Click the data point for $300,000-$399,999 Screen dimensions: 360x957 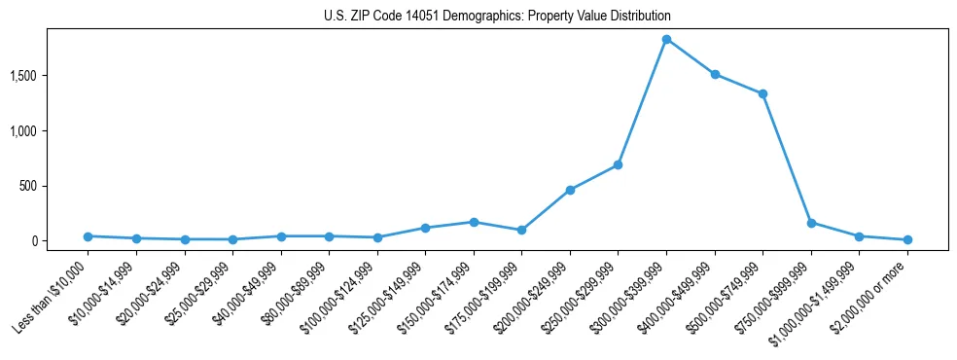pos(666,39)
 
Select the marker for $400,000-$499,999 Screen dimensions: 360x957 pos(715,74)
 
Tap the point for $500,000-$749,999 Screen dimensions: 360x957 pos(762,94)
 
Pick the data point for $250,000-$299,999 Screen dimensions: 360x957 pos(618,164)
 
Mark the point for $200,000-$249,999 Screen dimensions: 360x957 pos(570,190)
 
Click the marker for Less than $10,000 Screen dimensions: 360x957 pos(88,236)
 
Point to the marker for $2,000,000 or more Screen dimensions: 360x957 pos(907,239)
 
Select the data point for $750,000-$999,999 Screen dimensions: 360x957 pos(811,223)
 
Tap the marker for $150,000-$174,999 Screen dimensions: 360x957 pos(474,222)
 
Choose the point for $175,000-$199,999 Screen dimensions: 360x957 pos(521,230)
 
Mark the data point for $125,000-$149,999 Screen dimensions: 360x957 pos(425,228)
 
